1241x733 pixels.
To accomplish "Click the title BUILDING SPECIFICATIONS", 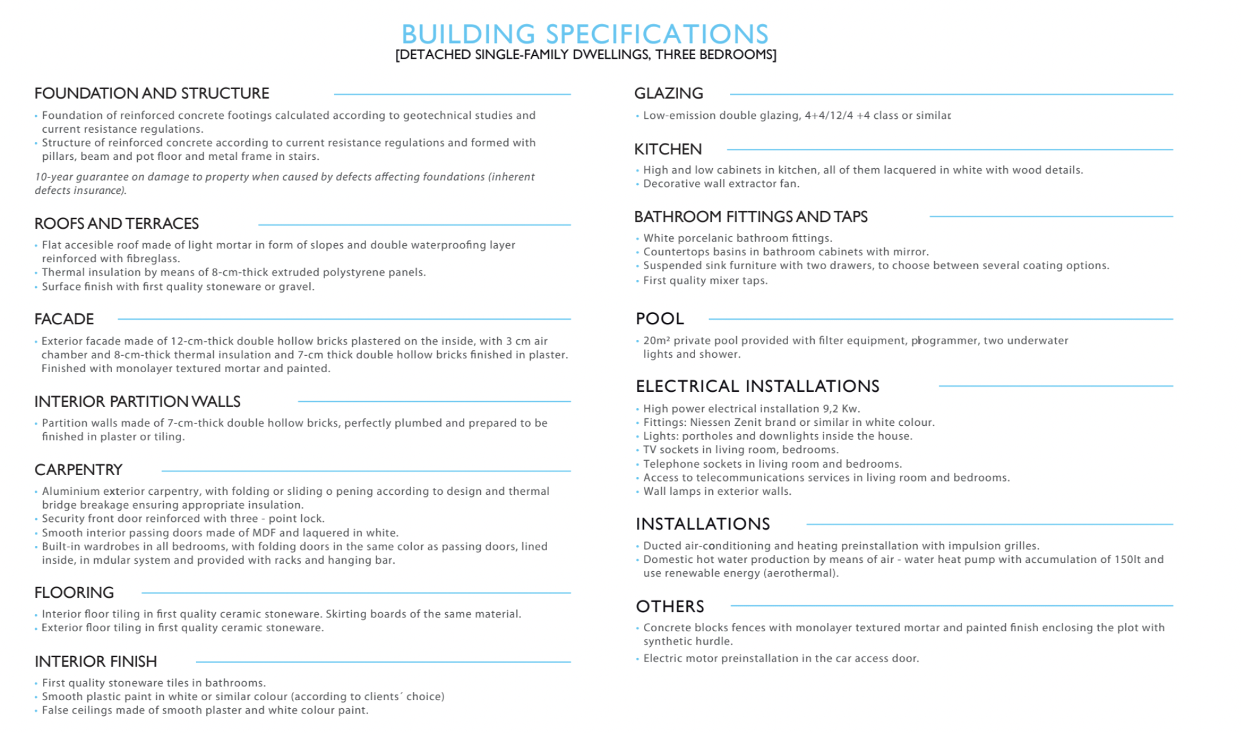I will click(x=585, y=33).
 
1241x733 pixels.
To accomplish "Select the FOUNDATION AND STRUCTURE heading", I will click(x=152, y=94).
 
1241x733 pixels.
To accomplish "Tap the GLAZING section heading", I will click(x=669, y=94).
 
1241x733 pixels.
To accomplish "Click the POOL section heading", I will click(x=660, y=319).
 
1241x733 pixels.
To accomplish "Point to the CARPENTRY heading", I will click(x=78, y=470).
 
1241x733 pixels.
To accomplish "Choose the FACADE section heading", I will click(x=64, y=319).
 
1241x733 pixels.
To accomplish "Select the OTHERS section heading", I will click(x=670, y=607).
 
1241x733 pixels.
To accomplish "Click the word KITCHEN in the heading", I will click(x=668, y=150).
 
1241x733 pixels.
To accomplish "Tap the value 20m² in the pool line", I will click(x=657, y=341).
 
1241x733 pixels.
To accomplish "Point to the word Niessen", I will click(x=711, y=423).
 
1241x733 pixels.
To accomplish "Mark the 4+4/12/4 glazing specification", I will click(x=829, y=116).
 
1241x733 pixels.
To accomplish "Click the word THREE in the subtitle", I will click(x=674, y=55).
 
